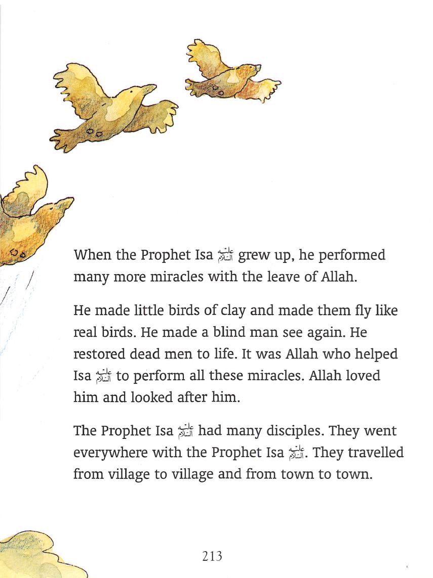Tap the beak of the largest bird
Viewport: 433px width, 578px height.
150,88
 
